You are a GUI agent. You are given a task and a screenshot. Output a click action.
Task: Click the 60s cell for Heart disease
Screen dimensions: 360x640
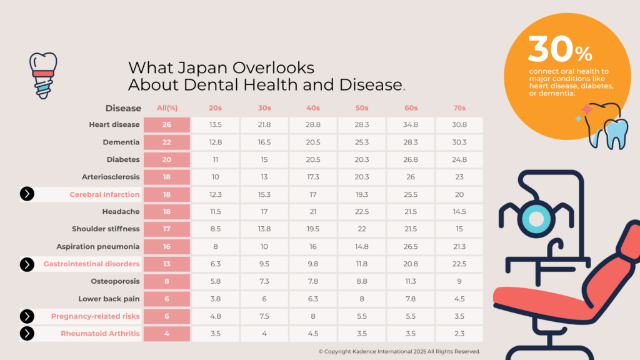tap(411, 125)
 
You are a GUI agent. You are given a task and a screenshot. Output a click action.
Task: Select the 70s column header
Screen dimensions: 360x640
tap(459, 108)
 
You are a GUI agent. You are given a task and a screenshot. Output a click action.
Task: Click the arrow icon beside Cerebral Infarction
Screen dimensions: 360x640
tap(27, 194)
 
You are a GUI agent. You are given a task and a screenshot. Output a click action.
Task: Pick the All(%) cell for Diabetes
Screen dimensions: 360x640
tap(167, 159)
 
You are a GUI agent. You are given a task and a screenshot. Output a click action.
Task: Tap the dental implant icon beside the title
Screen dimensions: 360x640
tap(44, 74)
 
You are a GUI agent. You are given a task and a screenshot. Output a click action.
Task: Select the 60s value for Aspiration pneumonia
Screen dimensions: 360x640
tap(411, 247)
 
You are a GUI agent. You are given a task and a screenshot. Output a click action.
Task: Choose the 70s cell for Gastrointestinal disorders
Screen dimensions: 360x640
tap(459, 264)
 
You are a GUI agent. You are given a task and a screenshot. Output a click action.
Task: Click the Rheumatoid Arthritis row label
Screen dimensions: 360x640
tap(100, 333)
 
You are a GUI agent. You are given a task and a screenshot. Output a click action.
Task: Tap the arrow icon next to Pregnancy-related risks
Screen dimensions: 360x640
tap(27, 316)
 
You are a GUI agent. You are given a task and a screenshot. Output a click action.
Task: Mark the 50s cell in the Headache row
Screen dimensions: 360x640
tap(362, 212)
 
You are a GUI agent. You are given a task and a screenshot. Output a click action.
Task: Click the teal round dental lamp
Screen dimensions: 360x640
tap(536, 219)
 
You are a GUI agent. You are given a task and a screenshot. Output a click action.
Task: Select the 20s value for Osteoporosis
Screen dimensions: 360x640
tap(216, 281)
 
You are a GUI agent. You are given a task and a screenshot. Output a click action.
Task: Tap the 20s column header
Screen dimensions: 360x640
tap(216, 108)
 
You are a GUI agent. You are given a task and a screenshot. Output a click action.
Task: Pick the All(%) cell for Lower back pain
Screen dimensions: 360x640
tap(167, 299)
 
